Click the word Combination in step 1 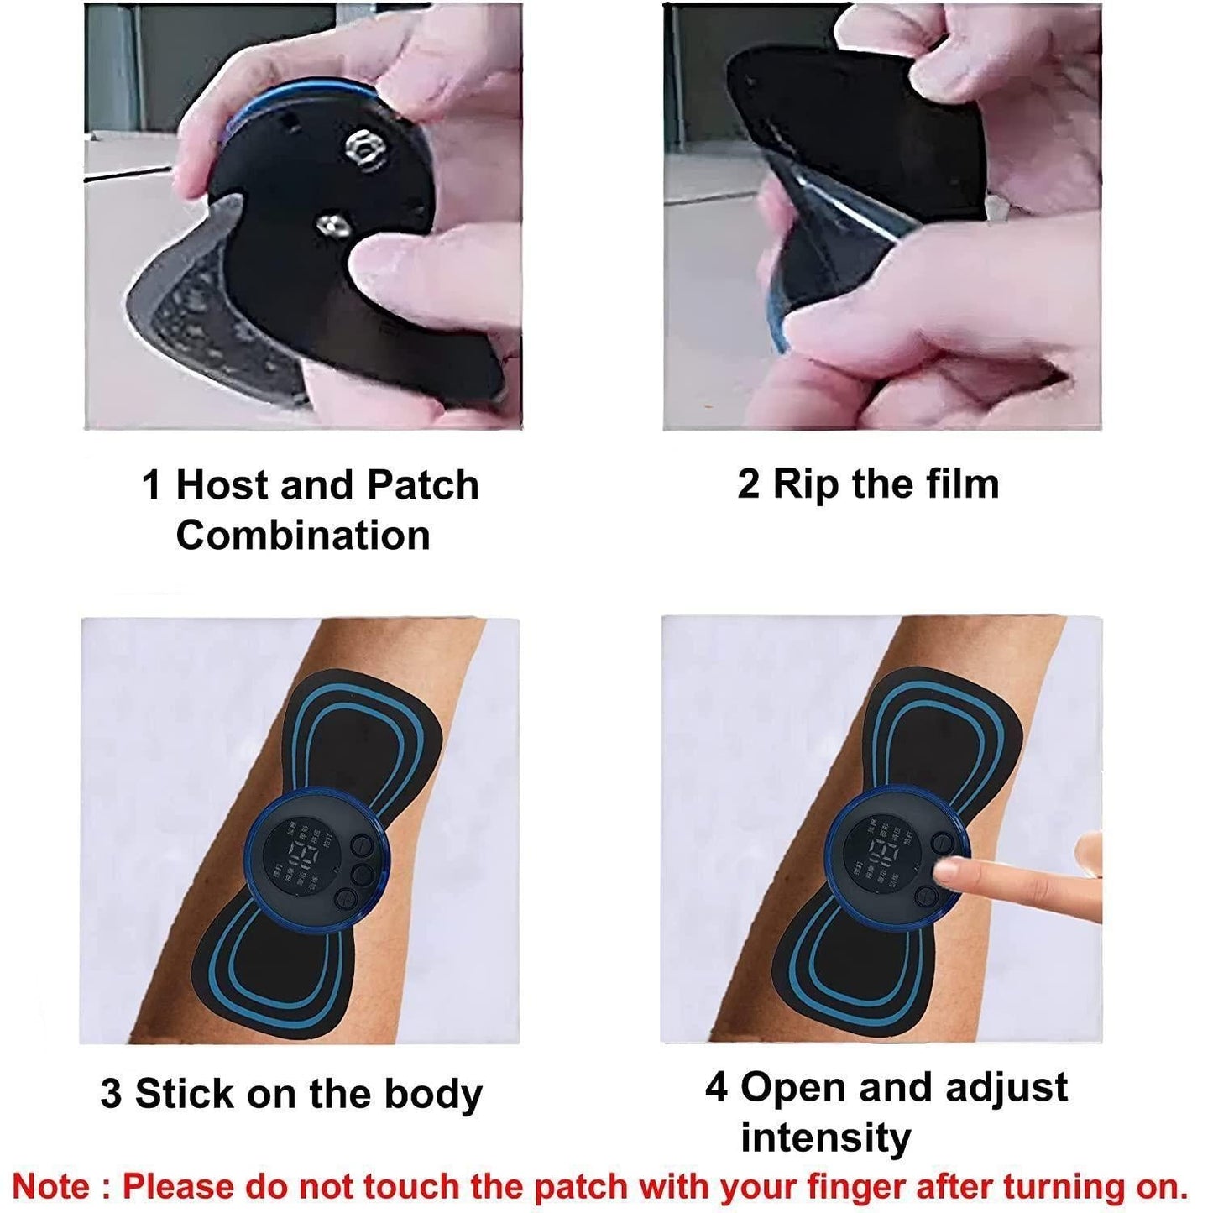pos(303,536)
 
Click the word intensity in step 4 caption pos(826,1138)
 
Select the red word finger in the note pos(856,1187)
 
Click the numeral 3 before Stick pos(111,1094)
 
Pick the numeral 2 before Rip pos(748,485)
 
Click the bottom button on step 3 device pos(344,899)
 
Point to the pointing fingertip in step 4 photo pos(949,873)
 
